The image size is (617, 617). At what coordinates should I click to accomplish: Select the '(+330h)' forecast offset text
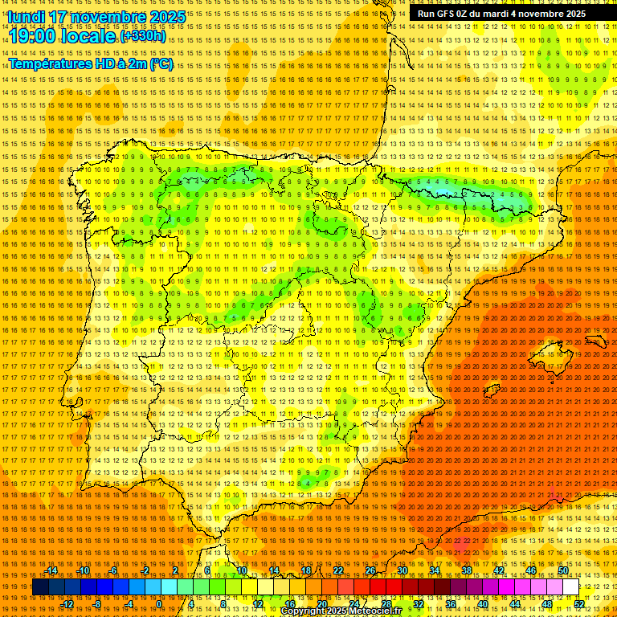click(x=144, y=36)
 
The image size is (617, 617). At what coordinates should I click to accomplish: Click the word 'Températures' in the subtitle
click(x=52, y=63)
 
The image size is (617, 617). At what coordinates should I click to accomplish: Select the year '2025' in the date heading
click(x=167, y=16)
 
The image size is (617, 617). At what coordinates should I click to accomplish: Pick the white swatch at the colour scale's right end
click(x=571, y=587)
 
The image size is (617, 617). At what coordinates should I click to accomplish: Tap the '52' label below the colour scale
click(x=580, y=604)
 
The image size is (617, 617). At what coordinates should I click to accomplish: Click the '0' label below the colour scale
click(x=159, y=604)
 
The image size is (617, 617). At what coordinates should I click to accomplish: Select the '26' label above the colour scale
click(x=370, y=570)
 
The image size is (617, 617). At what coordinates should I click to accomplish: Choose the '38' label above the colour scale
click(x=467, y=570)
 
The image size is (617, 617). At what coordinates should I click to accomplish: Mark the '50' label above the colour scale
click(x=563, y=570)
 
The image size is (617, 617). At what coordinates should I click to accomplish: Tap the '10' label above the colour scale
click(x=242, y=570)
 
